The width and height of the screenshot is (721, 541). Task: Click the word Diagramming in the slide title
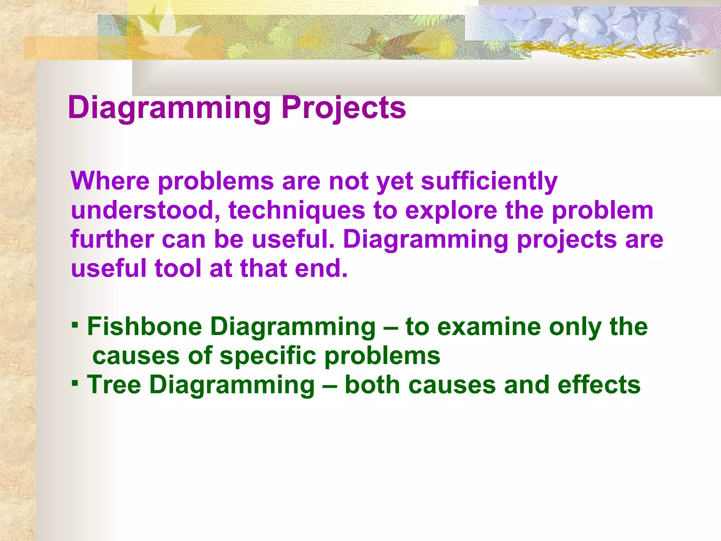(169, 107)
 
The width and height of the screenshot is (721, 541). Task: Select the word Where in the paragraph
(110, 181)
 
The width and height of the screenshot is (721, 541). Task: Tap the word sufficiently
(489, 181)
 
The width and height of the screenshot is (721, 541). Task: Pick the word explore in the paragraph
(451, 211)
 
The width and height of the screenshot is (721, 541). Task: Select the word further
(112, 239)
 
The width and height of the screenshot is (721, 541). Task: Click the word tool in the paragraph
(178, 268)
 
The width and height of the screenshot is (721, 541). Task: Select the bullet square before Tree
(74, 382)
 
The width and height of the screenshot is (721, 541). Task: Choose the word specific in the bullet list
(268, 356)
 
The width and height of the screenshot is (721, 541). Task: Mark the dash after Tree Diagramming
(330, 385)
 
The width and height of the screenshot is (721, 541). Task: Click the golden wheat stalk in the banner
(613, 51)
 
